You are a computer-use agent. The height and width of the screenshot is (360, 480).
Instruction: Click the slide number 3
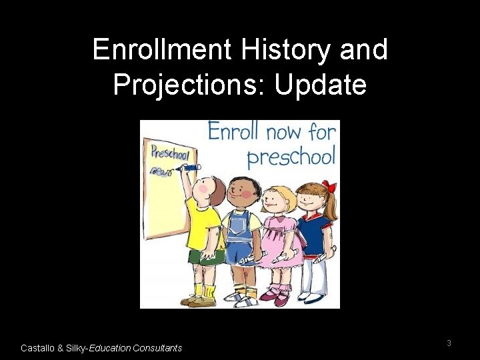coord(449,343)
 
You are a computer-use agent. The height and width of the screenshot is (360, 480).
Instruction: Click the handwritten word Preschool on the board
coord(170,152)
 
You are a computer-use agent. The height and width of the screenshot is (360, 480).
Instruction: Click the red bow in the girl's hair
coord(328,186)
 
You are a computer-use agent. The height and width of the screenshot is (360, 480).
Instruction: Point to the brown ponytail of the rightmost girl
coord(330,207)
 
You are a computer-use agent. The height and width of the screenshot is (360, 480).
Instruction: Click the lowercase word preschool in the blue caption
coord(291,158)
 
